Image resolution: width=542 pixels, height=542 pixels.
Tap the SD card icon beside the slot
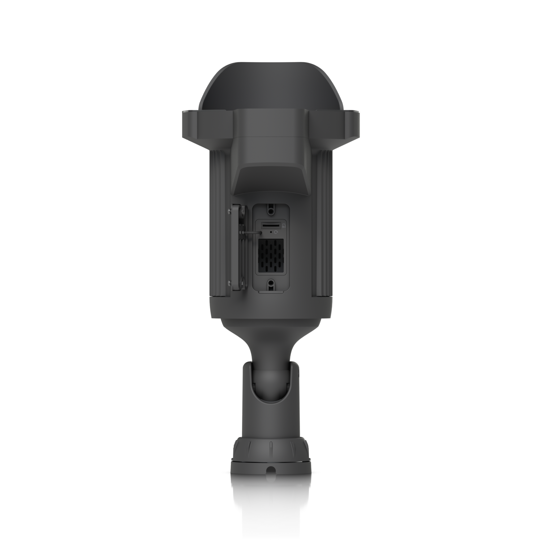coord(284,225)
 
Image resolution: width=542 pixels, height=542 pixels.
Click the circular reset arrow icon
coord(277,233)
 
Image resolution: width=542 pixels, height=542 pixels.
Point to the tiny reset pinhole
coord(271,233)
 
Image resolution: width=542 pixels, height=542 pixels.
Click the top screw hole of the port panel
coord(271,208)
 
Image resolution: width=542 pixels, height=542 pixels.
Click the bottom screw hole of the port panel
coord(271,284)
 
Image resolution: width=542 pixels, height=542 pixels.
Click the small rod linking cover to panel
coord(251,233)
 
